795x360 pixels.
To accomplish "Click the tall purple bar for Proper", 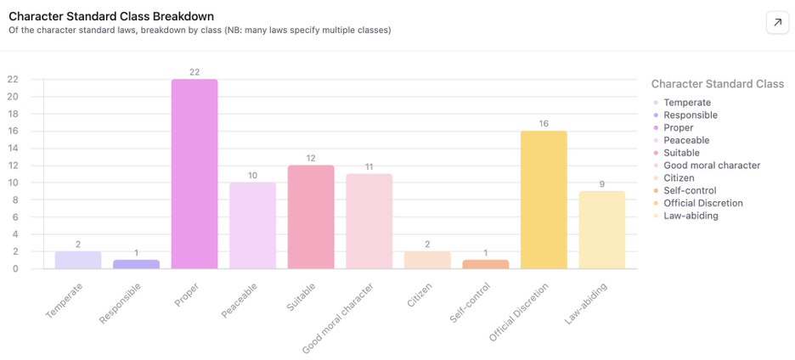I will [195, 174].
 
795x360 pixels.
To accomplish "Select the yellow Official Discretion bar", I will [544, 200].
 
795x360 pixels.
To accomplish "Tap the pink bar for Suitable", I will [311, 217].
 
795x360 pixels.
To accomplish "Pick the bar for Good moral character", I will [369, 221].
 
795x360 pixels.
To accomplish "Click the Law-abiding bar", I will [602, 229].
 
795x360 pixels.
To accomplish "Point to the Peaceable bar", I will [252, 225].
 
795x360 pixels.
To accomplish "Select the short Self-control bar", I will [485, 264].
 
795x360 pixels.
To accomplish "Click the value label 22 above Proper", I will [195, 72].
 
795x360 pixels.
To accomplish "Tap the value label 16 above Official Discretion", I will [544, 124].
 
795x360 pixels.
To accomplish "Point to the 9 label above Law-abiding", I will [602, 184].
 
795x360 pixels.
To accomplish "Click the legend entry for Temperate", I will [687, 103].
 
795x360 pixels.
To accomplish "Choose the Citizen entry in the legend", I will [679, 178].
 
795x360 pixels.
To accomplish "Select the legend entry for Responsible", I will [691, 115].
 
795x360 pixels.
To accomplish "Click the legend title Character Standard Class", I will [717, 84].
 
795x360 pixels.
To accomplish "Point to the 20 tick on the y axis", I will [13, 96].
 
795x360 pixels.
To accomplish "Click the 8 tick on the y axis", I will [15, 200].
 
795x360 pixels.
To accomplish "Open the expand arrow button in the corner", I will [777, 23].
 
